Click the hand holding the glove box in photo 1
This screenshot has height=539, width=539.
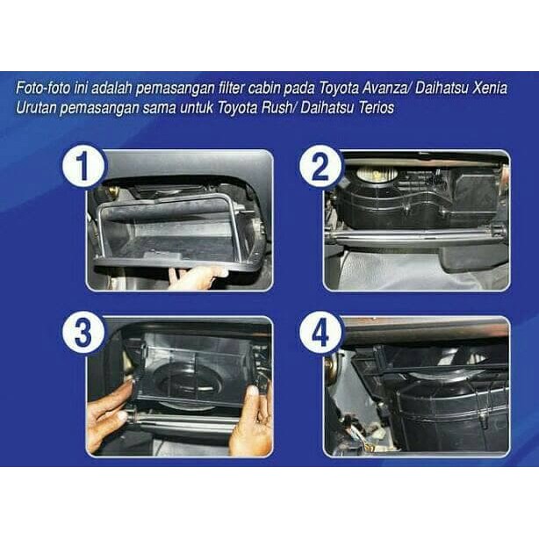pyautogui.click(x=196, y=277)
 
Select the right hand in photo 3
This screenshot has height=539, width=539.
pyautogui.click(x=252, y=421)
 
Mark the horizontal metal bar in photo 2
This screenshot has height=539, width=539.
pyautogui.click(x=413, y=233)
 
